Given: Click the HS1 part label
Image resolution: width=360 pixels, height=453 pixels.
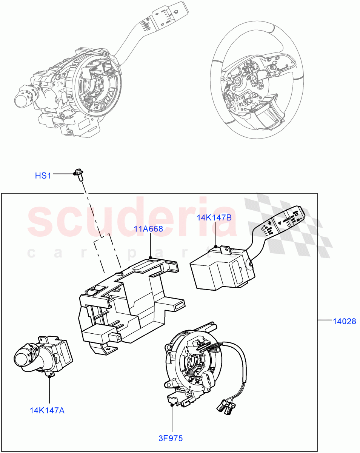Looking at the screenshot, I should [x=43, y=176].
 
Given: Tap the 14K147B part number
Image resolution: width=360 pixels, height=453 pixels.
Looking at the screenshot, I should [x=214, y=217].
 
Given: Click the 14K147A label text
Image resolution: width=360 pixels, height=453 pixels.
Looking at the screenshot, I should [x=47, y=410].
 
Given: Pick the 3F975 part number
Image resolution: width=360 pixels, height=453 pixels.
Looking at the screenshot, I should [x=170, y=438].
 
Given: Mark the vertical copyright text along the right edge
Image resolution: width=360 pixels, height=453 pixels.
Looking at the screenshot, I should [x=356, y=226].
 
